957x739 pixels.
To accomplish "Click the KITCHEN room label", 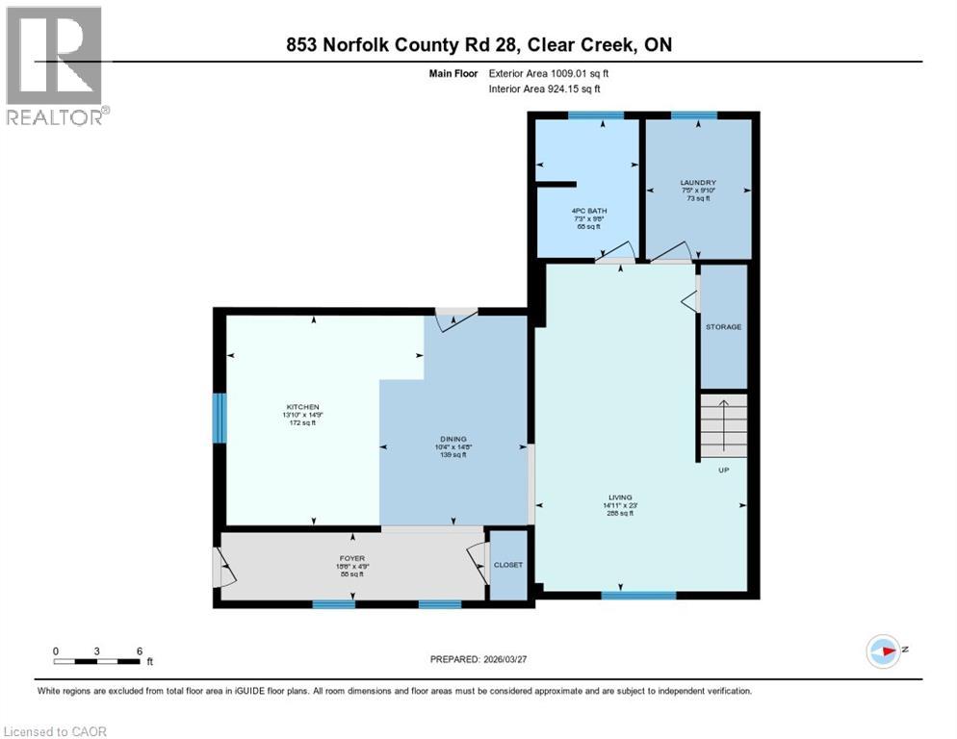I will tap(301, 407).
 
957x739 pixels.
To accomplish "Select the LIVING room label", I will tap(618, 497).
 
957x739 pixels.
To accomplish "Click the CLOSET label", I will tap(507, 565).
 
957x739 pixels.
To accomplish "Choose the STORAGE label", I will tap(723, 327).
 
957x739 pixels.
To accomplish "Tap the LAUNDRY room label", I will tap(698, 183).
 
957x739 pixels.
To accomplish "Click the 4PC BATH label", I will tap(589, 211).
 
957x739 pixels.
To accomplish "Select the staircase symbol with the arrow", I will tap(722, 424).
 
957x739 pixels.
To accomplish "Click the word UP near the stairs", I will tap(724, 471).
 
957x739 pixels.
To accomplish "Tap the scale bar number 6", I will tap(140, 650).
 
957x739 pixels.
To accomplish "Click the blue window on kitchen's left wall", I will tap(219, 419).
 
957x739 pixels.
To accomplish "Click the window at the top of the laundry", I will tap(693, 115).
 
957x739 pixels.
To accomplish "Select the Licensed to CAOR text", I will tap(56, 731).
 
